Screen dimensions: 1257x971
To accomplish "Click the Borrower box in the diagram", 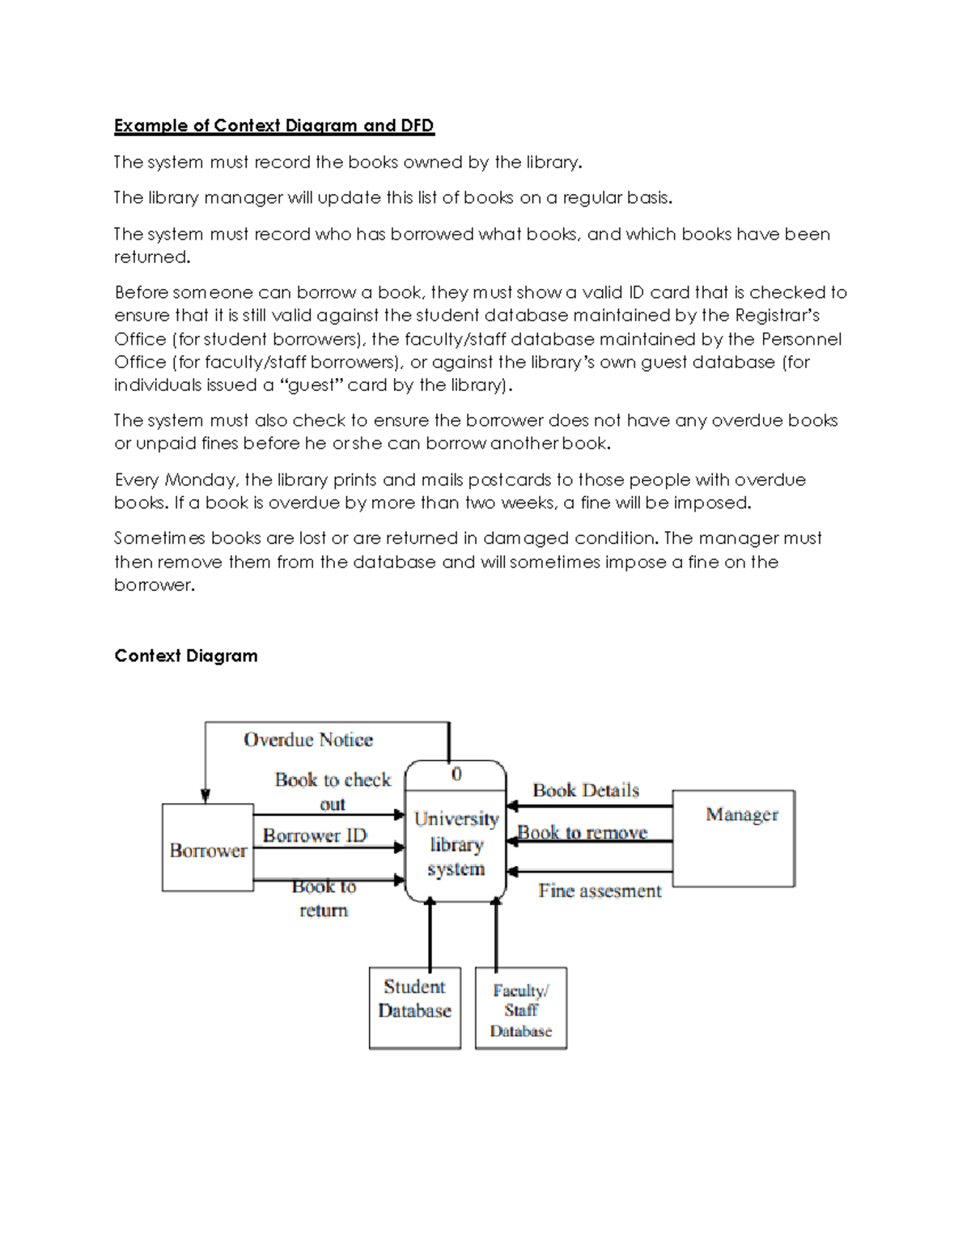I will coord(208,847).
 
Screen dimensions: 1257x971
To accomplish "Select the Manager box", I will coord(734,838).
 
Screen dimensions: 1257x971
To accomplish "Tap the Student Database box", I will coord(414,1008).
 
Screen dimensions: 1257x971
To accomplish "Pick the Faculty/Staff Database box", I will coord(521,1009).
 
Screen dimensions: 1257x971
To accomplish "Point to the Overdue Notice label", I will coord(308,739).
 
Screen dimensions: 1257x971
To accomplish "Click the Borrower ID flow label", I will coord(315,834).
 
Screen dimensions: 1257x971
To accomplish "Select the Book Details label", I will coord(586,790).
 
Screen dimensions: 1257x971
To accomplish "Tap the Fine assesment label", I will coord(600,890).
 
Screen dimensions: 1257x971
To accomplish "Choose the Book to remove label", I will coord(583,832).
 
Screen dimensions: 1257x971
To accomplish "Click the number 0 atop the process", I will coord(456,774).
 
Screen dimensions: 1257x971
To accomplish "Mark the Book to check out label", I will coord(333,790).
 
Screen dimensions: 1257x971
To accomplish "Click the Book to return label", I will coord(324,898).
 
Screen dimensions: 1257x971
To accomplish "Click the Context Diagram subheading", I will coord(186,656).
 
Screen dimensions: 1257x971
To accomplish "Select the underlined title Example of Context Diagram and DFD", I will coord(274,125).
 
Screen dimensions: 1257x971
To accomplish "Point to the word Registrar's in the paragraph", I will coord(778,315).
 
